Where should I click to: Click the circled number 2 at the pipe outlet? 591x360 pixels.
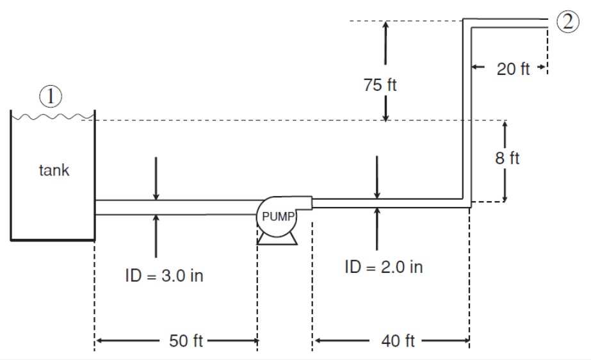pyautogui.click(x=565, y=22)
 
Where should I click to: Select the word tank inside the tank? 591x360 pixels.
pyautogui.click(x=54, y=171)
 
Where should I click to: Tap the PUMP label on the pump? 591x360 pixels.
pyautogui.click(x=277, y=217)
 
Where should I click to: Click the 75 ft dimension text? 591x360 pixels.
pyautogui.click(x=380, y=86)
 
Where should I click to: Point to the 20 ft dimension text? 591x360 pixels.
pyautogui.click(x=513, y=69)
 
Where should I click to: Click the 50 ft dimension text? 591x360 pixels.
pyautogui.click(x=186, y=341)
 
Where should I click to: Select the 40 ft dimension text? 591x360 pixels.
pyautogui.click(x=398, y=341)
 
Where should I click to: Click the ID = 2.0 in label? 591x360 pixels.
pyautogui.click(x=384, y=267)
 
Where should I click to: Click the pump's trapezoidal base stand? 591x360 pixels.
pyautogui.click(x=277, y=239)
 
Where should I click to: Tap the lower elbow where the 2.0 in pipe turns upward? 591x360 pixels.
pyautogui.click(x=467, y=203)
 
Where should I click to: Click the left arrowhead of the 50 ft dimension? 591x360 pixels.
pyautogui.click(x=99, y=341)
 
